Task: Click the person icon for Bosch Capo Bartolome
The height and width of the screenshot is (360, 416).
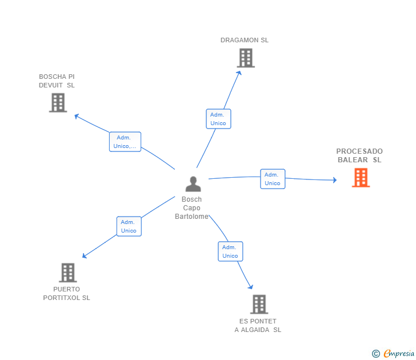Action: click(x=193, y=184)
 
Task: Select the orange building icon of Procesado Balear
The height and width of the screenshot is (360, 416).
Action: click(x=361, y=178)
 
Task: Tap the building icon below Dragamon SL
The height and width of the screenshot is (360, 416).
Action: click(x=245, y=58)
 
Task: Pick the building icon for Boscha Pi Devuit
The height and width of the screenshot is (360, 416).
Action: click(x=58, y=102)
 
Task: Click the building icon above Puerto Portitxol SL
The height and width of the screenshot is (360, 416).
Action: click(x=67, y=273)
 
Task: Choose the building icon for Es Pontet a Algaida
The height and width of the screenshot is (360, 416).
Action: click(x=259, y=304)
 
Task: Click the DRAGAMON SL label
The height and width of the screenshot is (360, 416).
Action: click(x=245, y=40)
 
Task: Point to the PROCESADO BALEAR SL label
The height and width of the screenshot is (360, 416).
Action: click(x=359, y=155)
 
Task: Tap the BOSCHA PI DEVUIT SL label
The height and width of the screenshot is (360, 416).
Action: click(x=57, y=81)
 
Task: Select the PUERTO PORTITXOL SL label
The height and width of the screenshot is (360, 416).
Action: click(x=67, y=293)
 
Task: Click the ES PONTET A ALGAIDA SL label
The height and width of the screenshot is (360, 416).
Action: click(x=258, y=325)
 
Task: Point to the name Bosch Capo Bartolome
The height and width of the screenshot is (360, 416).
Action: click(x=191, y=208)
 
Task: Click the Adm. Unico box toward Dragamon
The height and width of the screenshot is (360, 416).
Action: click(x=218, y=119)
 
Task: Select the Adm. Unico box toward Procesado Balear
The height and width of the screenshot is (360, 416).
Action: click(x=273, y=179)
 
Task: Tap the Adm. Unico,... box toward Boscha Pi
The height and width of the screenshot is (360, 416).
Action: click(x=125, y=142)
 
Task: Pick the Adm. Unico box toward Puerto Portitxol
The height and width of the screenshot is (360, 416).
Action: click(x=129, y=226)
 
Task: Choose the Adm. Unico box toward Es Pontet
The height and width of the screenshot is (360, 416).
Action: click(x=230, y=251)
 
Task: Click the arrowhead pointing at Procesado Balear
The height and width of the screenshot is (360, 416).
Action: click(x=334, y=180)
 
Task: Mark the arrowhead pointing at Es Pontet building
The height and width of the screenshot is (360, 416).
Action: click(x=250, y=286)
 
